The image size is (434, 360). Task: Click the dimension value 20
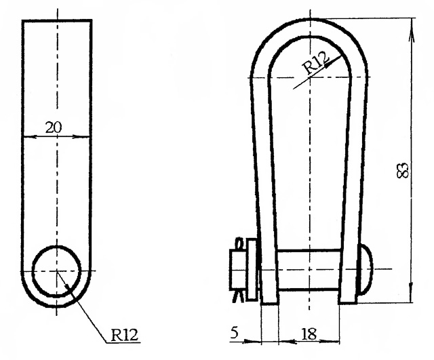(54, 127)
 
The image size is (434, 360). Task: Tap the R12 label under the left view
(124, 335)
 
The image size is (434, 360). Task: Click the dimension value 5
(234, 333)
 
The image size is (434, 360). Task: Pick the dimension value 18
(309, 334)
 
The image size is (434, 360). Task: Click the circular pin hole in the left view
(57, 271)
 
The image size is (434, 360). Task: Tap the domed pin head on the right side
(365, 270)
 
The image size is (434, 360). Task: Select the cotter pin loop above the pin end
(239, 243)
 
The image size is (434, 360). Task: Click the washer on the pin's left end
(252, 270)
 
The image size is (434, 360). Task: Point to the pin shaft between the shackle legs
(309, 270)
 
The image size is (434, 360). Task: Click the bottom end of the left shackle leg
(269, 303)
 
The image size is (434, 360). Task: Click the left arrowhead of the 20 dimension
(28, 136)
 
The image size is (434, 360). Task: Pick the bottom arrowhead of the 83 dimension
(411, 292)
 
